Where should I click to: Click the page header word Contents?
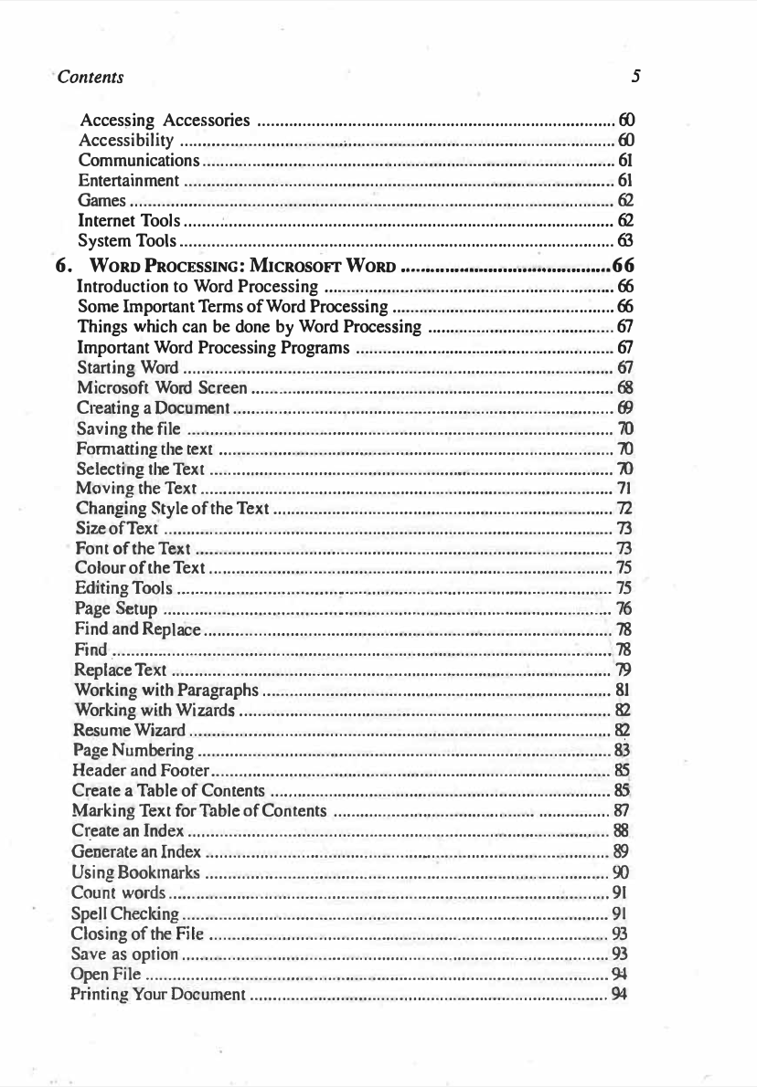pos(91,76)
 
